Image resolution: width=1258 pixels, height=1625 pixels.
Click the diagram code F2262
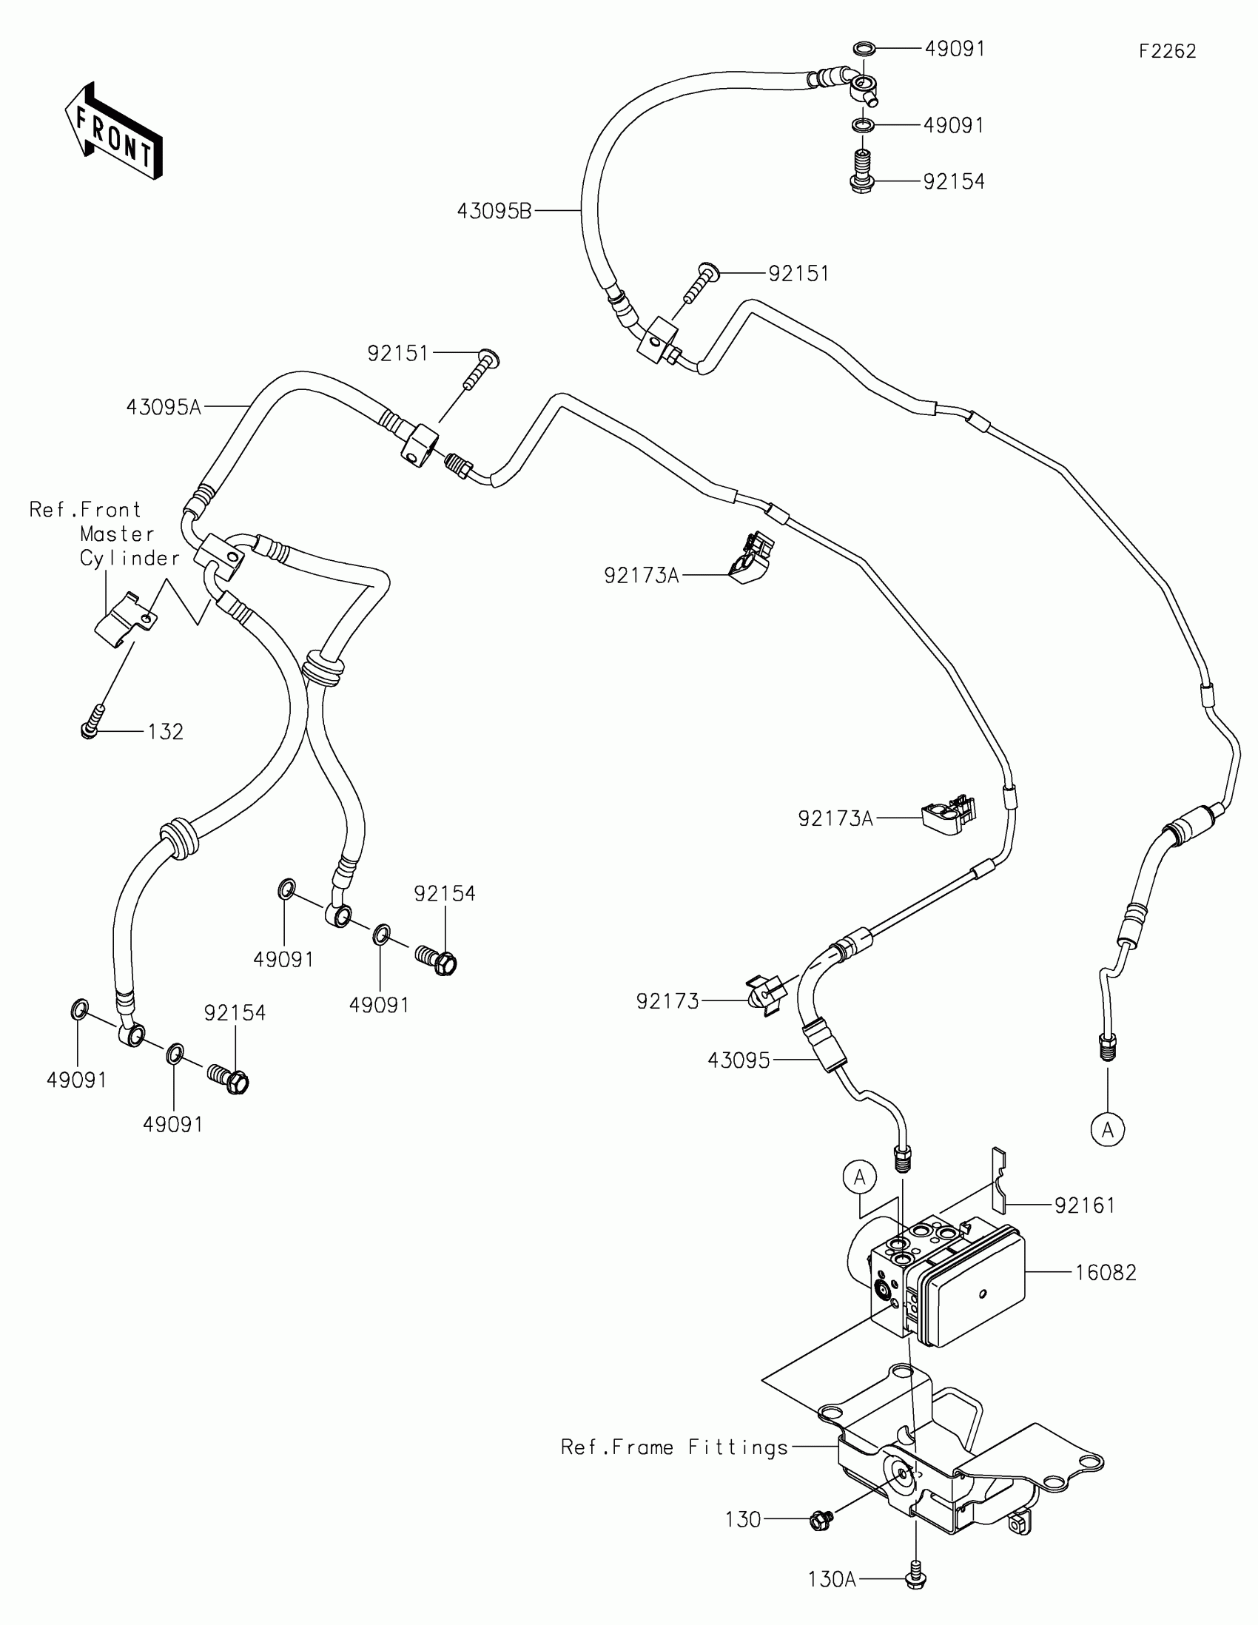tap(1167, 51)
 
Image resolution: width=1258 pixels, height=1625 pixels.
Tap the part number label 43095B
tap(494, 212)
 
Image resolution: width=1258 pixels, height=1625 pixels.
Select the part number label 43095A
tap(164, 408)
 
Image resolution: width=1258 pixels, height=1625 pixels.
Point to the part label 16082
tap(1106, 1273)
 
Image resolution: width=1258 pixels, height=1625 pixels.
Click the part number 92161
tap(1085, 1205)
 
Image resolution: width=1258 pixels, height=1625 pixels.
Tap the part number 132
tap(165, 732)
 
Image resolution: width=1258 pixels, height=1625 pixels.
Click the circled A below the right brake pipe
tap(1107, 1130)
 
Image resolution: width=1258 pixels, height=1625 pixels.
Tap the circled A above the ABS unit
tap(860, 1178)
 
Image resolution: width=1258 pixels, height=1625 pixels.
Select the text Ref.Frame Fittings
tap(674, 1447)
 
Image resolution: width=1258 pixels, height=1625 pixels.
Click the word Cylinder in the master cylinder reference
tap(129, 559)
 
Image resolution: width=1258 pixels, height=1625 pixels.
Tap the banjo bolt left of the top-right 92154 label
tap(861, 174)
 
